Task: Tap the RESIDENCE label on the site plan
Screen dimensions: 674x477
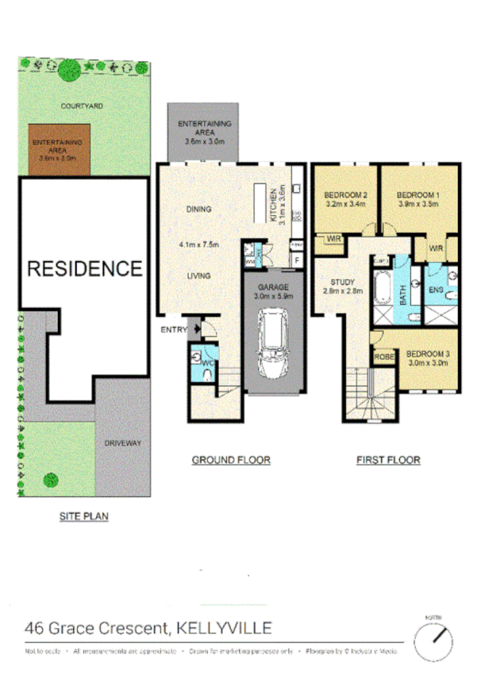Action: pos(85,268)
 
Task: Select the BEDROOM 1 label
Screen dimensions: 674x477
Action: pos(417,195)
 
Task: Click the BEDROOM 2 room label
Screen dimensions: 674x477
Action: pos(344,195)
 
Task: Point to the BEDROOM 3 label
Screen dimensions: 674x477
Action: pos(428,354)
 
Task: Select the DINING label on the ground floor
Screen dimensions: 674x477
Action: pos(198,210)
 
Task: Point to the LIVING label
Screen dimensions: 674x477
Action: pos(198,275)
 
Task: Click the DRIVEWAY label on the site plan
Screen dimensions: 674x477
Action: pos(122,443)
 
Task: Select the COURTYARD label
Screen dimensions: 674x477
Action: pos(85,105)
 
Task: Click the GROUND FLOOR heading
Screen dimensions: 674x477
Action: pos(231,460)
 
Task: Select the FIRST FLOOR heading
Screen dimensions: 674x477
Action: pos(388,460)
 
